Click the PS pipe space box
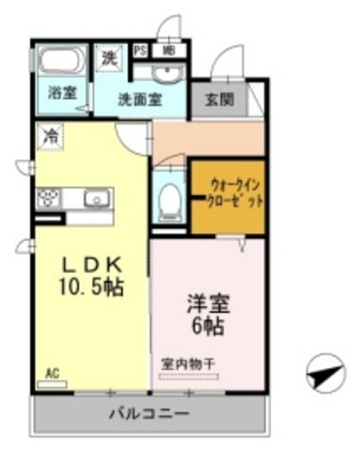(x=140, y=51)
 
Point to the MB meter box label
(x=168, y=51)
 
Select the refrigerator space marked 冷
(x=52, y=136)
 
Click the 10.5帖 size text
(x=90, y=287)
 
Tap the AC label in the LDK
(x=52, y=374)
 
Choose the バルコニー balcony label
(x=149, y=414)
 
